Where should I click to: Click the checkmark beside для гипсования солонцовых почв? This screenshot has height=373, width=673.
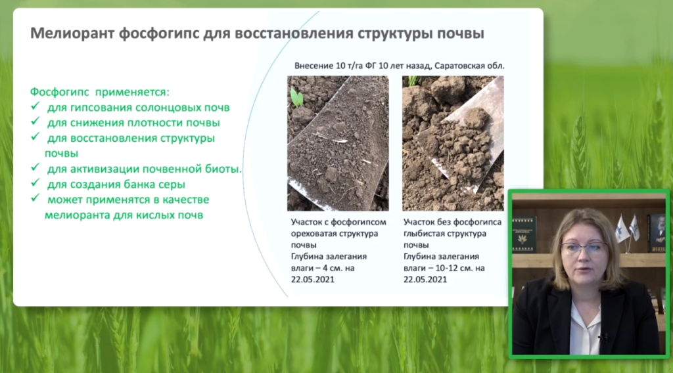pyautogui.click(x=35, y=106)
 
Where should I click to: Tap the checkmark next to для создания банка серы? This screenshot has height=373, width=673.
pyautogui.click(x=35, y=183)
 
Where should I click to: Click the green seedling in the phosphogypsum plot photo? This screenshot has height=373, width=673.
pyautogui.click(x=296, y=97)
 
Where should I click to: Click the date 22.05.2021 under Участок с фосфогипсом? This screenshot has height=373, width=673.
pyautogui.click(x=312, y=280)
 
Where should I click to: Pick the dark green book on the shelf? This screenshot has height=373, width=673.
pyautogui.click(x=523, y=234)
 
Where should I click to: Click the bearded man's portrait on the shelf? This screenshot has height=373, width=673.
pyautogui.click(x=657, y=234)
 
